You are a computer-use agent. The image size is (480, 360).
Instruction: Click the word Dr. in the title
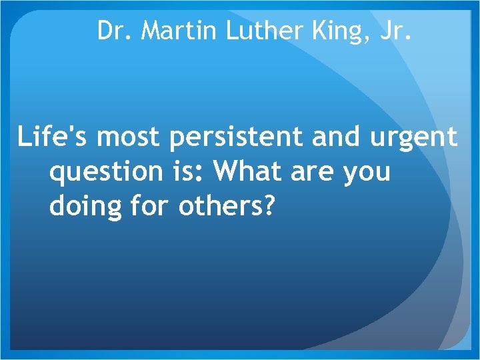click(115, 31)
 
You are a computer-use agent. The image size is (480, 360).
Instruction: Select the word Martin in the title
click(178, 31)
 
